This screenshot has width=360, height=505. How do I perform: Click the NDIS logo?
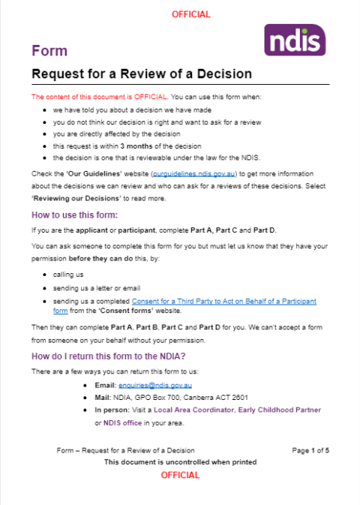[295, 39]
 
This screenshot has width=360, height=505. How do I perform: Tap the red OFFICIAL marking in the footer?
[181, 475]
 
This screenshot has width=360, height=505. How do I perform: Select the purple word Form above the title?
[49, 51]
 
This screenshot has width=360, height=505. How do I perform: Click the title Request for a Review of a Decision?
[141, 74]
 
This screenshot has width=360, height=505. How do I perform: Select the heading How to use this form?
[79, 216]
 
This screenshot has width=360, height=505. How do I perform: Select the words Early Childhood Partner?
[283, 410]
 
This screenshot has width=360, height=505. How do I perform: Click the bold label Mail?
[105, 398]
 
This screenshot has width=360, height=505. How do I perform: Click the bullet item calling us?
[70, 275]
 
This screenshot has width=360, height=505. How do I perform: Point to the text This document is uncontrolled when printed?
[181, 462]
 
